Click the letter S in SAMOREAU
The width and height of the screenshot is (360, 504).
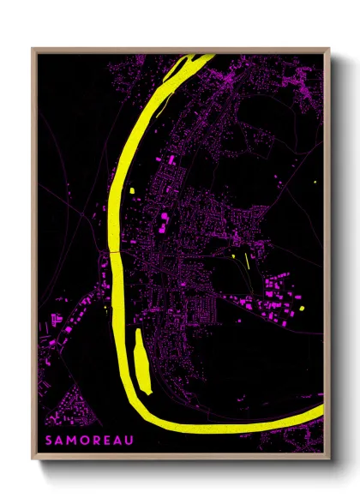point(51,442)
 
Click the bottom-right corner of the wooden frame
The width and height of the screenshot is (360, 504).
point(329,459)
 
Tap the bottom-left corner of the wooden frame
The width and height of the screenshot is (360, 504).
point(33,459)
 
